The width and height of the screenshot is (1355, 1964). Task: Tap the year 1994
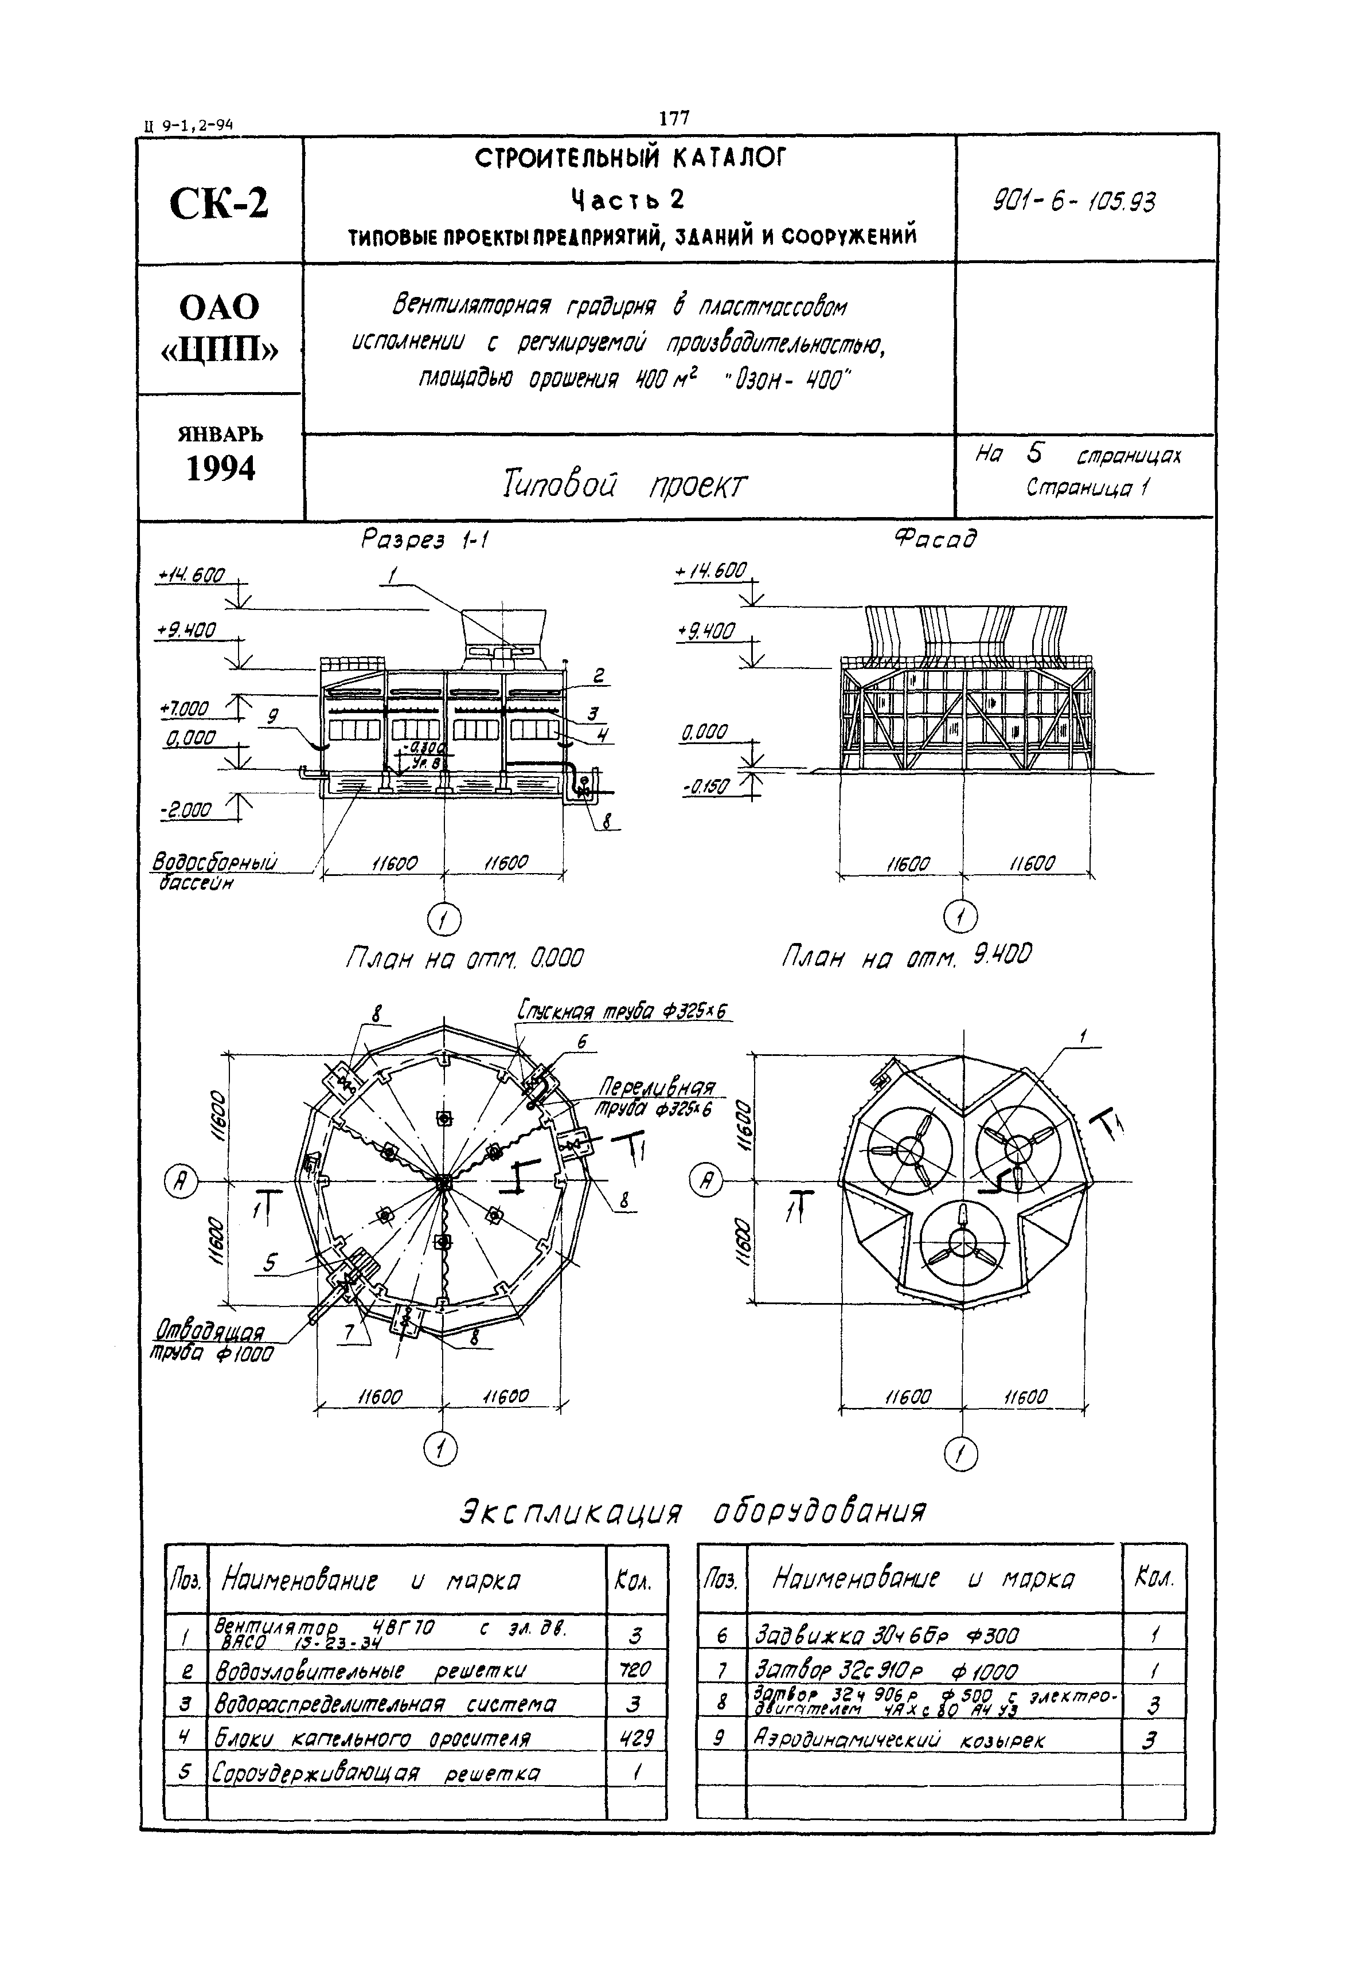tap(221, 468)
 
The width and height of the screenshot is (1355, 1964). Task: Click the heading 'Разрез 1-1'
tap(424, 540)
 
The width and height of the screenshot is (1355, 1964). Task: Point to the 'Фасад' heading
tap(935, 538)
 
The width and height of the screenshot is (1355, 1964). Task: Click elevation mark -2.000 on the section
tap(185, 811)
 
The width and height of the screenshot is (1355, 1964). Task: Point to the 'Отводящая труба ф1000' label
tap(212, 1342)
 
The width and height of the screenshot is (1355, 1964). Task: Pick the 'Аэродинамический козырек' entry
tap(899, 1740)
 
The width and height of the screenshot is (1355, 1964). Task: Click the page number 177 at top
tap(675, 118)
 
